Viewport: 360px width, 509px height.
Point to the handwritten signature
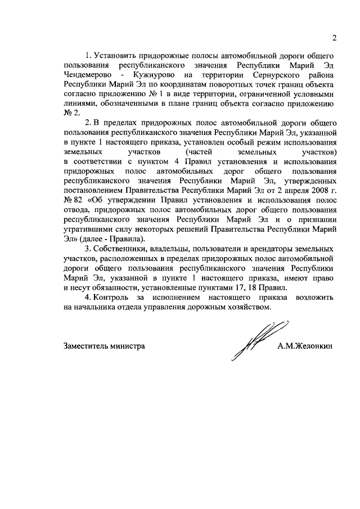tap(254, 341)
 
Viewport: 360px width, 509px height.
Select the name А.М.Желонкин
tap(304, 347)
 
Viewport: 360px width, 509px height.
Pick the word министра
tap(129, 347)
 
